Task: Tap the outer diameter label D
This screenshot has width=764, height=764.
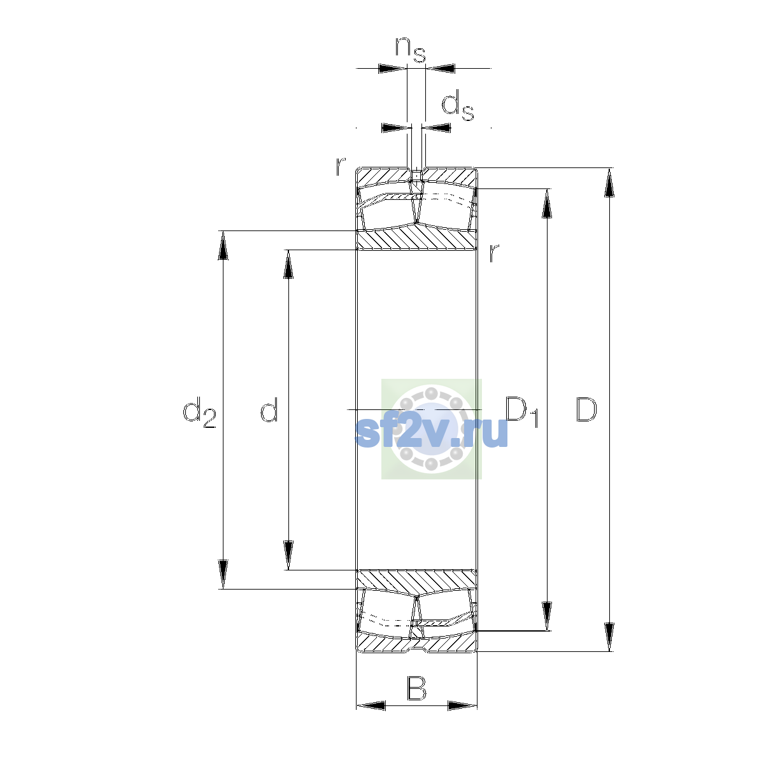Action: pos(586,409)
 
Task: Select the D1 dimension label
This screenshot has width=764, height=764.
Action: pos(523,413)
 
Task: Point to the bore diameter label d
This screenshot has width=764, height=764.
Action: pos(269,409)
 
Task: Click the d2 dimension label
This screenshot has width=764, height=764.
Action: pos(199,413)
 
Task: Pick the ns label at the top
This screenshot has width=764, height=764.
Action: pos(411,50)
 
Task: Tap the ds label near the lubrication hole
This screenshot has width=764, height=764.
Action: pos(458,106)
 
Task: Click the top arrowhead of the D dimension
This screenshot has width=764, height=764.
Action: pos(609,183)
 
